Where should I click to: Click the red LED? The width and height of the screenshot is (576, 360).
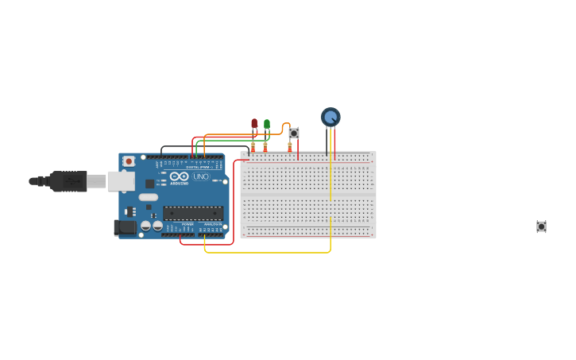254,124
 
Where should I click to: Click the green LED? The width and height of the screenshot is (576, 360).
267,124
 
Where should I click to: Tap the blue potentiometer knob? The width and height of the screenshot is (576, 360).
331,117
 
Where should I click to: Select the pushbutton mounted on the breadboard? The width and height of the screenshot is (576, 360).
294,133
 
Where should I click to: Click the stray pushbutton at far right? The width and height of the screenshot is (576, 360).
541,226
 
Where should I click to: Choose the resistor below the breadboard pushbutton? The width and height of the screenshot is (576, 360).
289,146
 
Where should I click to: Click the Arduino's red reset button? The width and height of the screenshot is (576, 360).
129,161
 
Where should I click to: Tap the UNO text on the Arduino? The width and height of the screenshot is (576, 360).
201,176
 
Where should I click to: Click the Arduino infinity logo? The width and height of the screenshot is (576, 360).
180,176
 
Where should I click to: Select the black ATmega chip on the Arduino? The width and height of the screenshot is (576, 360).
193,213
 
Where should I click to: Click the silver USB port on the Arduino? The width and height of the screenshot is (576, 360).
121,181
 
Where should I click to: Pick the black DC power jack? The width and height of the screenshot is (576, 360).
125,227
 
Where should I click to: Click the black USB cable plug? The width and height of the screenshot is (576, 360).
68,181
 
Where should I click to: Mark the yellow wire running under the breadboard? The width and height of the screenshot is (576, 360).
270,253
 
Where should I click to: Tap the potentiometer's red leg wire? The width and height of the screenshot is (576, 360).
334,143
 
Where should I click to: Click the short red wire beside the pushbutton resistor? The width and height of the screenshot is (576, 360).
298,150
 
